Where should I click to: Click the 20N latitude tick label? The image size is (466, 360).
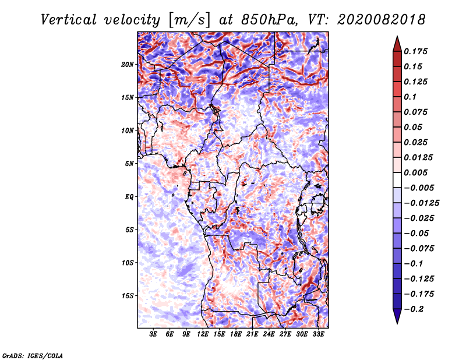pos(128,64)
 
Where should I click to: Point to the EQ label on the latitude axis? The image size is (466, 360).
pos(129,196)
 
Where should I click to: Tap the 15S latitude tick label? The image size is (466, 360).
pos(128,295)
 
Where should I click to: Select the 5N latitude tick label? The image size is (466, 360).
pos(129,163)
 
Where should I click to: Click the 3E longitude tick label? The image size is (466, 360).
pos(154,335)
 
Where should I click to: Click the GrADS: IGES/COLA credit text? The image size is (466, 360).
pos(32,355)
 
